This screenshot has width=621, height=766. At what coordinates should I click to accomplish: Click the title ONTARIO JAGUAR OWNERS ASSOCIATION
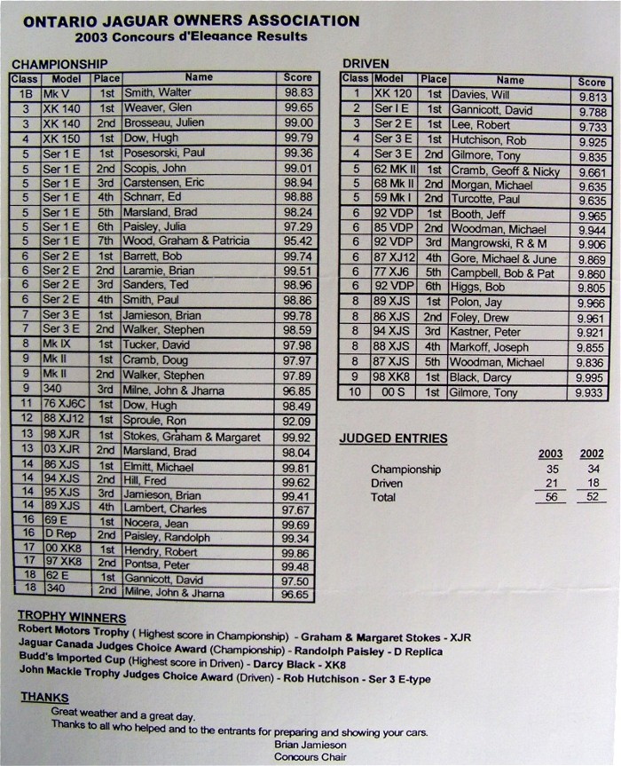(192, 20)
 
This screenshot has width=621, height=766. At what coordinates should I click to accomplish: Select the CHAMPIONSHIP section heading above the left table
(59, 64)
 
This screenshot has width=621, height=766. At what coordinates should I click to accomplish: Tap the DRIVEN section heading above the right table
(366, 64)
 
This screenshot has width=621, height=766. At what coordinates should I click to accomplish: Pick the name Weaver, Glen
(158, 107)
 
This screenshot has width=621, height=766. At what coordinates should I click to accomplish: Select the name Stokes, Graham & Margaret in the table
(193, 437)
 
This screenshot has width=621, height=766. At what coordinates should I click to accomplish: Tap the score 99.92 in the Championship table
(295, 438)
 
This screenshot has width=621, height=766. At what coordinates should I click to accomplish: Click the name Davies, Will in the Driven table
(480, 95)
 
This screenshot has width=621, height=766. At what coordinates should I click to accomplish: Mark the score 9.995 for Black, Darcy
(590, 376)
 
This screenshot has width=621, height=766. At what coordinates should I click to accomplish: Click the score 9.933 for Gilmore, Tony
(590, 391)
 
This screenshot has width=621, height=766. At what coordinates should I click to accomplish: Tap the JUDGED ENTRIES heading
(393, 438)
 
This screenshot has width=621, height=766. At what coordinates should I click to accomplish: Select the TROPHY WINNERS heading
(72, 618)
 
